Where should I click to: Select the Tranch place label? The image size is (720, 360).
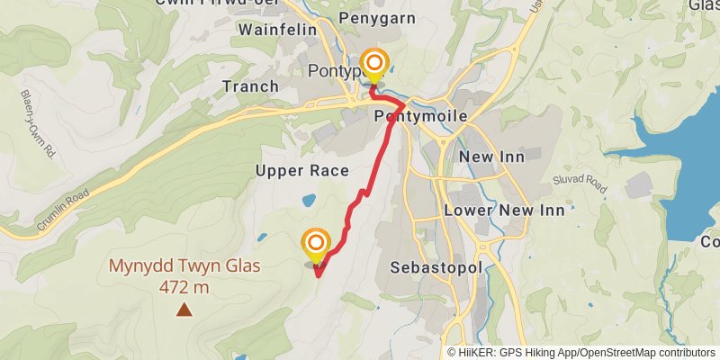click(249, 86)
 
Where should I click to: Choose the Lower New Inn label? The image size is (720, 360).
click(504, 210)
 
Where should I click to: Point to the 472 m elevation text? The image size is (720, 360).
click(184, 288)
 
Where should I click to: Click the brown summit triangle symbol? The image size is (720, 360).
click(184, 310)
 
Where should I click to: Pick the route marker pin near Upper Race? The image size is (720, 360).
click(316, 244)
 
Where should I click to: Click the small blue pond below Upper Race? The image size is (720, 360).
click(309, 200)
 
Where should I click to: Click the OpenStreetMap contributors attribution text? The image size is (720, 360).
click(643, 353)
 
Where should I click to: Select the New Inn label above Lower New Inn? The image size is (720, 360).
click(491, 157)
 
